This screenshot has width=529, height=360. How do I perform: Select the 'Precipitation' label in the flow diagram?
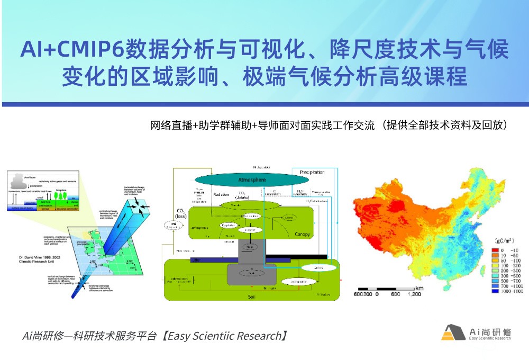[x=312, y=173]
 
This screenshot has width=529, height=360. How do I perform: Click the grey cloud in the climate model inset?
[x=26, y=177]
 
